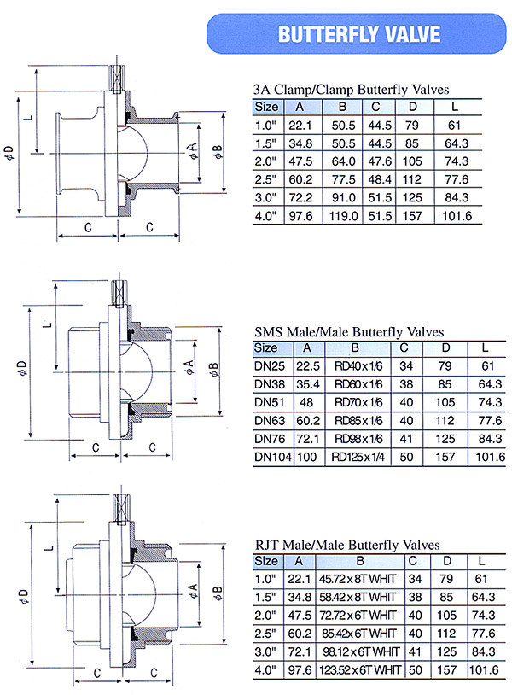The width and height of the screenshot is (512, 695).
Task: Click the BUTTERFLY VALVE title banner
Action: (x=359, y=34)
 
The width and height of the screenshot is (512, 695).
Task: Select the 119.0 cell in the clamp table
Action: (x=343, y=216)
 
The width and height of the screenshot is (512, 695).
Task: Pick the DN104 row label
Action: (x=272, y=457)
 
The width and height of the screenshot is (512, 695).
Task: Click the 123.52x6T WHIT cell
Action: (x=358, y=669)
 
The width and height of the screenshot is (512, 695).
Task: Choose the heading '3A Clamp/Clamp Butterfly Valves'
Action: (x=351, y=89)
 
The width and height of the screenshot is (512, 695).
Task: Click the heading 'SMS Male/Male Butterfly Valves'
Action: (x=349, y=331)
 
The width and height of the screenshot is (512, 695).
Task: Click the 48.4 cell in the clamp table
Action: (x=379, y=179)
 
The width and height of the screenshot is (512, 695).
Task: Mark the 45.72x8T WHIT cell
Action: (x=358, y=580)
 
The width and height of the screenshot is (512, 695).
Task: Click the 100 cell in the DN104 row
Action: (x=307, y=457)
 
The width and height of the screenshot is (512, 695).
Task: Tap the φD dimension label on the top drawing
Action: (x=9, y=154)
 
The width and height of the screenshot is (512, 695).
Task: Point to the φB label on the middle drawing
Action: (x=216, y=370)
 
